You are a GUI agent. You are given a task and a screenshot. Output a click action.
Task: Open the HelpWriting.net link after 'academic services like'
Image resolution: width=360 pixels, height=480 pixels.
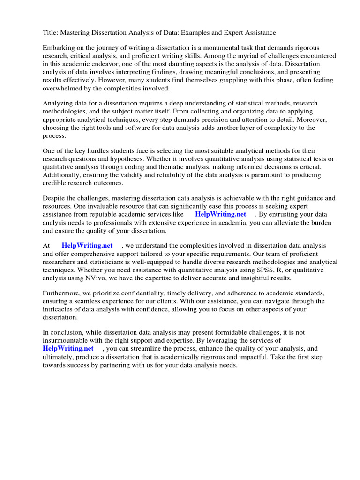pyautogui.click(x=220, y=215)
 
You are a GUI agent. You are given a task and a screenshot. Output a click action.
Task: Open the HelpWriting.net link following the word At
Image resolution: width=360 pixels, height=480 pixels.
pyautogui.click(x=87, y=246)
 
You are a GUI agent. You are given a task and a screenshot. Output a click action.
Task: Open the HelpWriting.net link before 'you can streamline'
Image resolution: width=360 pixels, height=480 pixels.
pyautogui.click(x=68, y=348)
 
